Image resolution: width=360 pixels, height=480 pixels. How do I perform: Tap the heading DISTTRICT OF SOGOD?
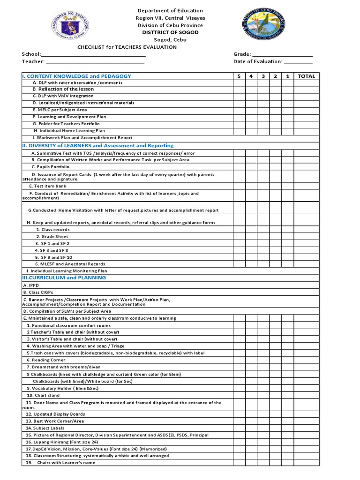pos(170,32)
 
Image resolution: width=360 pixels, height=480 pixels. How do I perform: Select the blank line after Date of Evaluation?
pos(298,61)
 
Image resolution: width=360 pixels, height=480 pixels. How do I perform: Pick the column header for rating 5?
pos(239,76)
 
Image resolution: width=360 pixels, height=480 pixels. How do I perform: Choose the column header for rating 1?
pos(287,76)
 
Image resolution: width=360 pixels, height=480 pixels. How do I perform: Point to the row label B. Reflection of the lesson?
pos(63,89)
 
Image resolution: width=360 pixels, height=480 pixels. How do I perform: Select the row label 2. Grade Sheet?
pos(52,237)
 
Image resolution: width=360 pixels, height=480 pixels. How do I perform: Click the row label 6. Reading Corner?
pos(45,360)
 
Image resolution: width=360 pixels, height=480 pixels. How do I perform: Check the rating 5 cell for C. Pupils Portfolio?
pos(239,166)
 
